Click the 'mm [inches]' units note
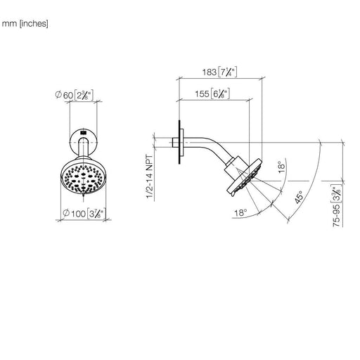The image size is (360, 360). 25,24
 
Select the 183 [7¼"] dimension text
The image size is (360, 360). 219,72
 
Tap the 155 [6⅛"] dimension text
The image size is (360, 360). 212,94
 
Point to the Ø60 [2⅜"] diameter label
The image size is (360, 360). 75,95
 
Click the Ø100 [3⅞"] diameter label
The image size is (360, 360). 84,214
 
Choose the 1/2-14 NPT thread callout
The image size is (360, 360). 150,176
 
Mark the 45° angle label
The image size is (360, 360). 299,198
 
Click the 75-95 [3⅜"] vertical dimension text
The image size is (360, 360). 337,205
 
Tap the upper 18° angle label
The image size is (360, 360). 281,167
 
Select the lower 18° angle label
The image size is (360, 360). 240,213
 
